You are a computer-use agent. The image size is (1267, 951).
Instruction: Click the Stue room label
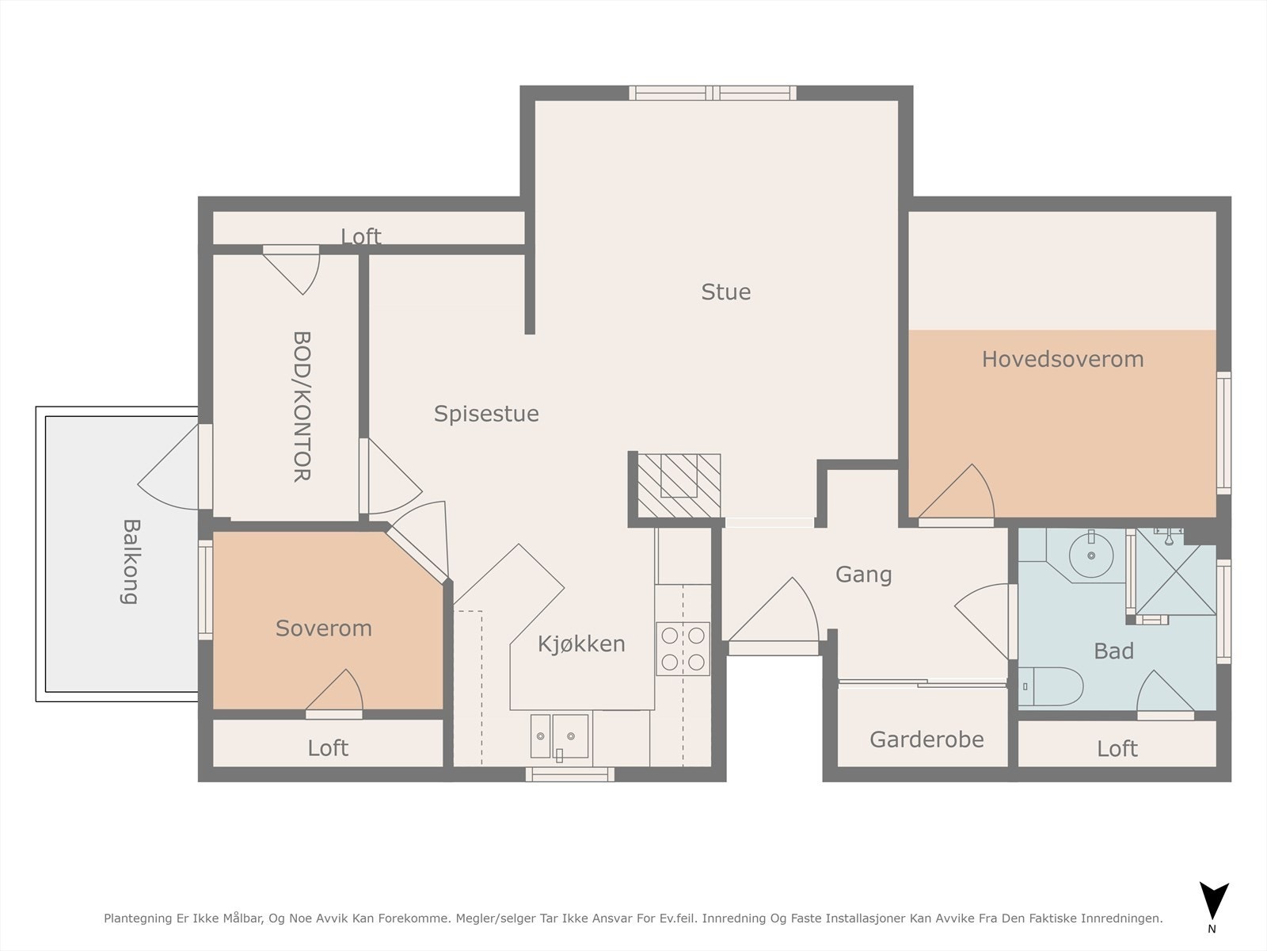(726, 292)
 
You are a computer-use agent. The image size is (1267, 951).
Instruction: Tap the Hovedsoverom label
(1063, 359)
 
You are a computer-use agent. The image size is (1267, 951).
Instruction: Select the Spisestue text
(486, 414)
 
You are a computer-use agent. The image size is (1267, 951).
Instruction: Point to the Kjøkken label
(581, 644)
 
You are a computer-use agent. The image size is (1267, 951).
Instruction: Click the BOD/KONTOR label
(302, 407)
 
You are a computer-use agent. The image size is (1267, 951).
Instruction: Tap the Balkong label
(131, 562)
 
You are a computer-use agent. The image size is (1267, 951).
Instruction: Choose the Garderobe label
(926, 739)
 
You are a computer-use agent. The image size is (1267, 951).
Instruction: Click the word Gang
(863, 575)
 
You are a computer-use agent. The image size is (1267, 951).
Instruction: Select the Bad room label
(1114, 651)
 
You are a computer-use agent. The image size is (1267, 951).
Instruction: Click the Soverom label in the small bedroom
(324, 628)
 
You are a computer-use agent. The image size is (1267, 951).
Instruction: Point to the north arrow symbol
(1214, 901)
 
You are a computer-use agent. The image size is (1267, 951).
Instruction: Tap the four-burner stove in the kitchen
(683, 649)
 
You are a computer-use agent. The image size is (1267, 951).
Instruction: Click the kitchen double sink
(559, 736)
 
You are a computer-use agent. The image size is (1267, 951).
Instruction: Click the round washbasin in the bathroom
(1091, 556)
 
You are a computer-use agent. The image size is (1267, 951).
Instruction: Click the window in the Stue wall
(712, 93)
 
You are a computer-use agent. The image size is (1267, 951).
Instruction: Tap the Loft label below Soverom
(328, 748)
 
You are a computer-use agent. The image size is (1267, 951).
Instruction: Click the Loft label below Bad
(1117, 749)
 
